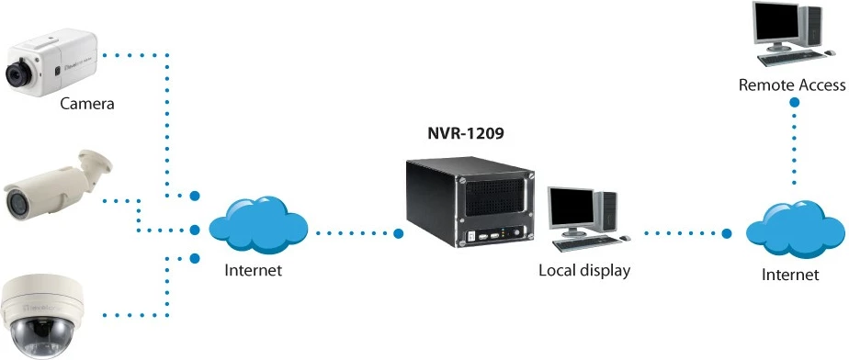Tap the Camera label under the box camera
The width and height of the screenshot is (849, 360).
(87, 103)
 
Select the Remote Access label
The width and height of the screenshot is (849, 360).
(792, 85)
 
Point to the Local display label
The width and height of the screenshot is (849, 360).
(584, 271)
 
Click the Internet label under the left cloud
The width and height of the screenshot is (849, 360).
(253, 271)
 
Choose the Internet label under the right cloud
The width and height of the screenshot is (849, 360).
(790, 275)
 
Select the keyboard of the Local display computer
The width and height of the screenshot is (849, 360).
(585, 242)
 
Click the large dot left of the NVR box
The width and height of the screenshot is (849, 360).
(398, 233)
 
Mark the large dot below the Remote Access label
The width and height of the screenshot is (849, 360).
(792, 104)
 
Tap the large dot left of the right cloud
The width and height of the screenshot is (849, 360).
(727, 233)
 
